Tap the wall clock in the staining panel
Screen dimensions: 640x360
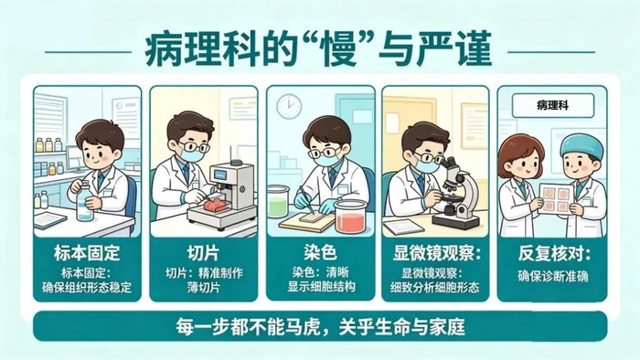289,106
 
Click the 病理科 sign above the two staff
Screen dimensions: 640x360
552,106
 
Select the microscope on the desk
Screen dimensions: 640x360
456,194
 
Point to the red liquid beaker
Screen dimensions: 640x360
350,217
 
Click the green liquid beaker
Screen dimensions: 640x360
278,201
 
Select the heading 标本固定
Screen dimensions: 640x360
87,253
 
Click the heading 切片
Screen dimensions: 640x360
204,253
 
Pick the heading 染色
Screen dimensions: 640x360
320,252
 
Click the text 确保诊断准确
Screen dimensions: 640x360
552,276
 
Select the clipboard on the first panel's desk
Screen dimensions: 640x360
50,220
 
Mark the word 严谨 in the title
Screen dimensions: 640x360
453,50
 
